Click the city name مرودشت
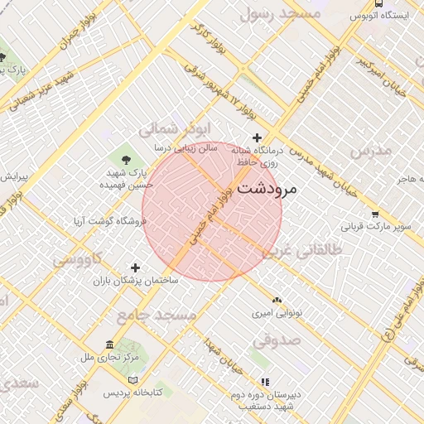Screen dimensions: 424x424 coord(266,189)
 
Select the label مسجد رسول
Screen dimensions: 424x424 coord(279,14)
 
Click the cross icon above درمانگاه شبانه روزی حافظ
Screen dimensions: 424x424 coord(257,137)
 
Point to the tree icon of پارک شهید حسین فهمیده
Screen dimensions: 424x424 coord(127,158)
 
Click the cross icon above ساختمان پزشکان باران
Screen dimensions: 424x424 coord(136,267)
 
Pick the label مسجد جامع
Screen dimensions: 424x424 coord(157,316)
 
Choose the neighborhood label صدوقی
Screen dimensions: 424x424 coord(276,340)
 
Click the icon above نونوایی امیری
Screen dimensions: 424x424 coord(277,300)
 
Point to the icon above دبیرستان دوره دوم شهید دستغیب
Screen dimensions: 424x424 coord(265,382)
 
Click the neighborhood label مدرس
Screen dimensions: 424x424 coord(369,152)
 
